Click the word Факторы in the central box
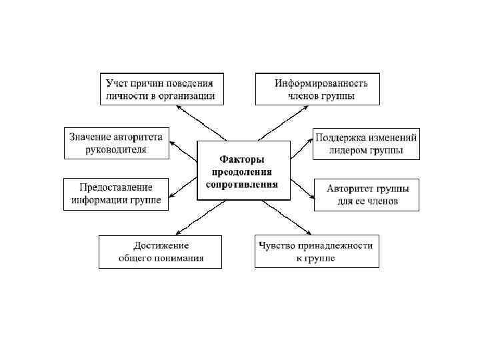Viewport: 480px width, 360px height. click(243, 159)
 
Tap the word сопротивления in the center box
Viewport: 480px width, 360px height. click(243, 183)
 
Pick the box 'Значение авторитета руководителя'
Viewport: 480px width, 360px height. click(116, 143)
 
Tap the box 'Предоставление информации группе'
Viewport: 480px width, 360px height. click(116, 194)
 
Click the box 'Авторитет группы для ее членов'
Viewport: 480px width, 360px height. click(367, 195)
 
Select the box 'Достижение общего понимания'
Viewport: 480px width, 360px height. click(160, 251)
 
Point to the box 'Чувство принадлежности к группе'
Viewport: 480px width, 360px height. click(317, 251)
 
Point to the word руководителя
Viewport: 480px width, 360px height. click(116, 149)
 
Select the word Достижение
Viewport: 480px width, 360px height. click(160, 245)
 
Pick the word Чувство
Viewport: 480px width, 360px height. click(277, 245)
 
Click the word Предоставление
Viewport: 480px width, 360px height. click(116, 187)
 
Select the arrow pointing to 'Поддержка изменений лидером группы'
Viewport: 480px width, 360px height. click(302, 147)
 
